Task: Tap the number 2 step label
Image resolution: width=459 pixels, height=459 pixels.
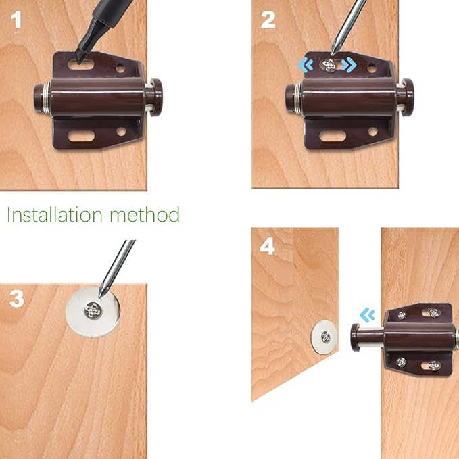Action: click(x=268, y=20)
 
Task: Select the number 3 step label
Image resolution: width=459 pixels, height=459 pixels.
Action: click(x=17, y=299)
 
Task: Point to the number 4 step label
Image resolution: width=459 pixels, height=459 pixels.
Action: click(x=268, y=246)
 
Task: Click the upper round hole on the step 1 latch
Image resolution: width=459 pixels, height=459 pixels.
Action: click(x=121, y=68)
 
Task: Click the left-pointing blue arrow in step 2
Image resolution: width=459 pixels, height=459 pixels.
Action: click(x=306, y=65)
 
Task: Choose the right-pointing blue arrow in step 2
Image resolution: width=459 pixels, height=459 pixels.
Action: click(x=348, y=65)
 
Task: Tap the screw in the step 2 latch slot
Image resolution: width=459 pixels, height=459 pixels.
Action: click(x=329, y=66)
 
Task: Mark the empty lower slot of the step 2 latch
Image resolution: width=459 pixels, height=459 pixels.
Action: click(x=332, y=136)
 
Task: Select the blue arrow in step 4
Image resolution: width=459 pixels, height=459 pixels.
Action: click(x=366, y=314)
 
